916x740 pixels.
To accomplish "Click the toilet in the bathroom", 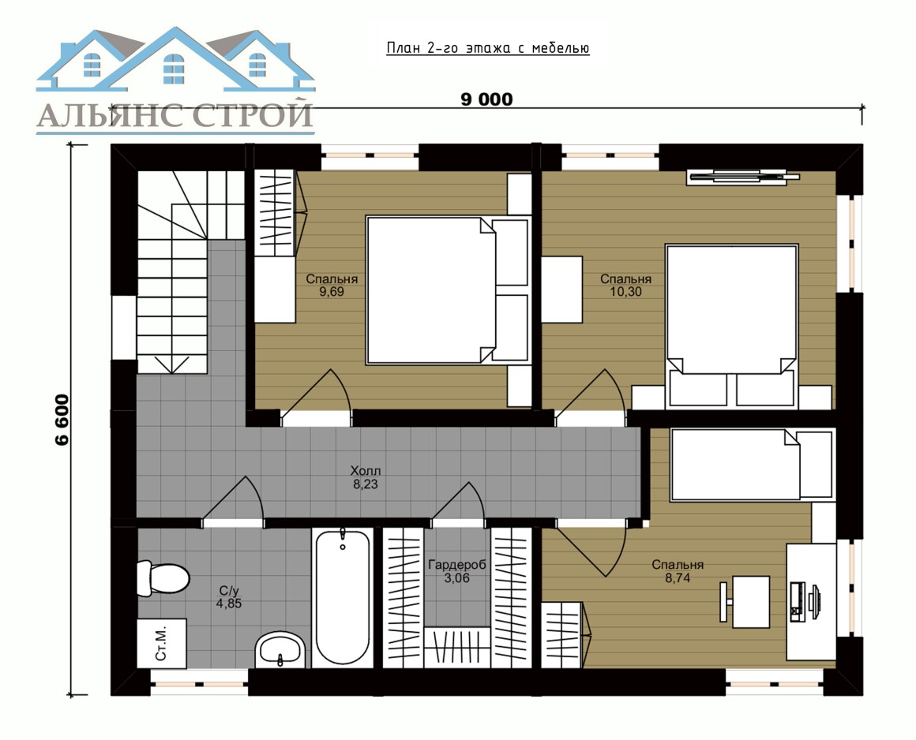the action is click(x=163, y=578).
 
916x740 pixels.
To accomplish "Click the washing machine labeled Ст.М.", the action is click(x=162, y=643).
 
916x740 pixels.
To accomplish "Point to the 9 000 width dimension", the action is click(x=486, y=99).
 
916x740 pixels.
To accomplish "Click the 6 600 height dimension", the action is click(x=62, y=420).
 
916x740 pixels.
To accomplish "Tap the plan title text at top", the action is click(x=488, y=48).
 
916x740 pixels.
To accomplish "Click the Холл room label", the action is click(x=366, y=470).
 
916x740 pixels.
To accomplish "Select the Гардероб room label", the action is click(x=457, y=565).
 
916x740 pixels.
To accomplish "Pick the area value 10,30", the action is click(x=625, y=291).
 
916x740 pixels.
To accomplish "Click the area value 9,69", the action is click(x=331, y=291).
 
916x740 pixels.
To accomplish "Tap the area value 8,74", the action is click(x=678, y=577).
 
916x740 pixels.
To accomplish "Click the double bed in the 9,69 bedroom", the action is click(x=448, y=290).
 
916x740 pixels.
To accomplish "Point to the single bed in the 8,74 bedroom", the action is click(x=753, y=465).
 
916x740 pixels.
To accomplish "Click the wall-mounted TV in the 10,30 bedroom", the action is click(x=744, y=176).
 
